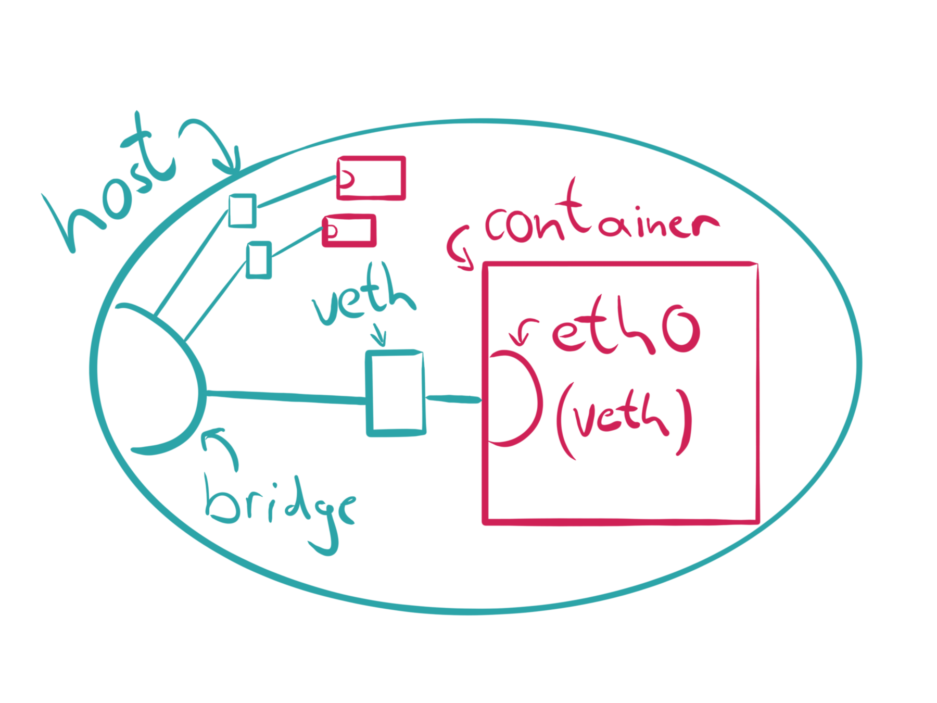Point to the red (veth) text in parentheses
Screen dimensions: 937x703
pyautogui.click(x=625, y=422)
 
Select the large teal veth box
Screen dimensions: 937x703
pyautogui.click(x=396, y=393)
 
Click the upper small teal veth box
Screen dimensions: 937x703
pyautogui.click(x=242, y=210)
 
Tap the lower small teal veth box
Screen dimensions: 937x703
pyautogui.click(x=258, y=259)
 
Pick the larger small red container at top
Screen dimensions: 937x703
pyautogui.click(x=371, y=178)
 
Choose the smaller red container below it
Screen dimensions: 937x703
pyautogui.click(x=349, y=230)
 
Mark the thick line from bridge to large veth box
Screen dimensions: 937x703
pyautogui.click(x=286, y=396)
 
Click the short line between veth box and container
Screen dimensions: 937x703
pyautogui.click(x=453, y=399)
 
